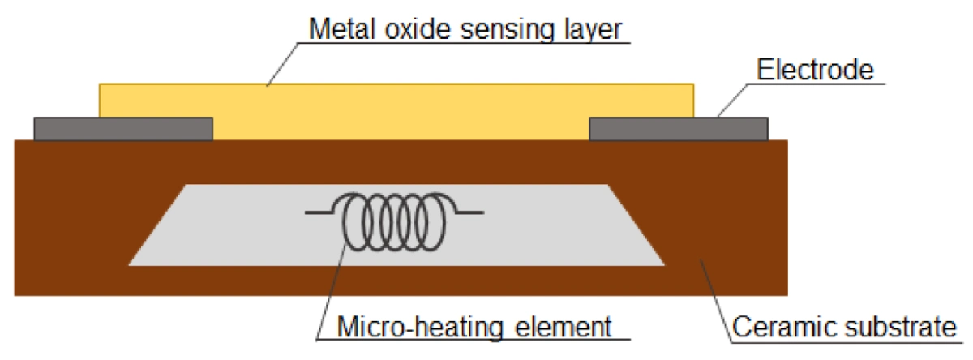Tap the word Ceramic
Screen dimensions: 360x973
tap(778, 327)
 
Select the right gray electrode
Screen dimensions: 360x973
tap(678, 129)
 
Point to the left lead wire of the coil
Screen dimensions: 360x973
tap(323, 212)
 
